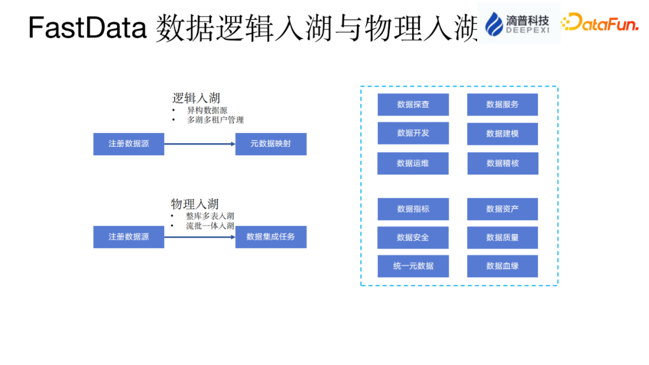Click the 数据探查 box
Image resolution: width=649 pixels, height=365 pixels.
413,105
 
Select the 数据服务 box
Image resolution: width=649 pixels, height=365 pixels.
502,105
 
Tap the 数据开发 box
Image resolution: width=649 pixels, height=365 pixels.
413,133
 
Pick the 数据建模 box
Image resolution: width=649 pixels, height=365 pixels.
502,134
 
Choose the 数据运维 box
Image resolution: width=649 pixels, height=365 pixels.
413,164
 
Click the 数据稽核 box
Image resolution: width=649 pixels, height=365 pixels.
502,164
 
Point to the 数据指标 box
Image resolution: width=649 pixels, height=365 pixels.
413,209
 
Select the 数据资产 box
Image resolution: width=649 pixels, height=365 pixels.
502,209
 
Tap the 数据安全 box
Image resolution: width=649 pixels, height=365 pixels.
413,238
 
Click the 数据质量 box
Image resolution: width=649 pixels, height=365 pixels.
502,238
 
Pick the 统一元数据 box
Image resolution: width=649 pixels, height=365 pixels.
413,266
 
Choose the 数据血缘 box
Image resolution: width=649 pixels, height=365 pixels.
502,266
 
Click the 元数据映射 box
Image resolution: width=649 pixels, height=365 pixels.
270,144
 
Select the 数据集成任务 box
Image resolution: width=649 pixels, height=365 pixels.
270,237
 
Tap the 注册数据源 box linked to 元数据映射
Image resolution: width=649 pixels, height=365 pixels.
129,144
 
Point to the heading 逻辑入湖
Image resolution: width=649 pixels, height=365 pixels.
196,99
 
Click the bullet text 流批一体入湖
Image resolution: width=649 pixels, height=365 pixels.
210,226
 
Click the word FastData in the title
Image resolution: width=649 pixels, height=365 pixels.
87,28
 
